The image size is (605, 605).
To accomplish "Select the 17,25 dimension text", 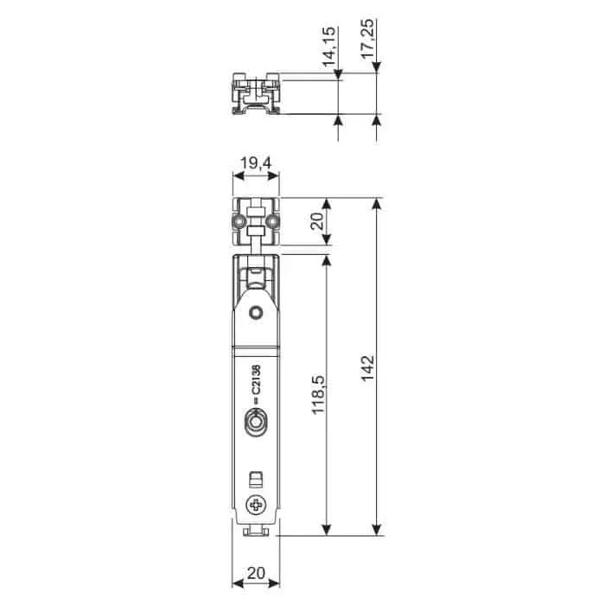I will point(368,43).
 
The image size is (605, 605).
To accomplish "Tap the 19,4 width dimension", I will point(256,162).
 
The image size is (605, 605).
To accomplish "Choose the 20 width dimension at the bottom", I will point(256,572).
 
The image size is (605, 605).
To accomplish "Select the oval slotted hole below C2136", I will point(256,423).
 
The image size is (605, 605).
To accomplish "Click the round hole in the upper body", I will point(256,312).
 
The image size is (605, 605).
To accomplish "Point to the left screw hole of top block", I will point(239,224).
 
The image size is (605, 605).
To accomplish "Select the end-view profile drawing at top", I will point(256,96).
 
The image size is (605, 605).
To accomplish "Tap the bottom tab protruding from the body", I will point(256,531).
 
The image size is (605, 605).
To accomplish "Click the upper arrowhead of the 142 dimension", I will point(376,204).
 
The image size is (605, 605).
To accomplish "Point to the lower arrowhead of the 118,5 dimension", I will point(326,529).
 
